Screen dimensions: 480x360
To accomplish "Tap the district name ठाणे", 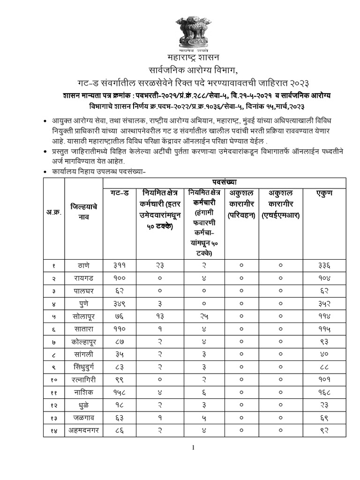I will (x=83, y=265).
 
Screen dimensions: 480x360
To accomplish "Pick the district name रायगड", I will (x=83, y=278).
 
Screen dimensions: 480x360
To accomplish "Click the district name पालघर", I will (x=83, y=291).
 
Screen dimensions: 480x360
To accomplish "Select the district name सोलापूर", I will (x=83, y=316).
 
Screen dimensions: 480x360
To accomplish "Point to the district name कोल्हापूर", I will (x=83, y=342).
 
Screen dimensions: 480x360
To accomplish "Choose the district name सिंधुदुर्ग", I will (x=83, y=367).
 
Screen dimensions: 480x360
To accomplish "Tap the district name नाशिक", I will (x=83, y=393).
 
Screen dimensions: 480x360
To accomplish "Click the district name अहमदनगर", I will (x=83, y=431).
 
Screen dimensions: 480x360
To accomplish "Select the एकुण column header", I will (x=324, y=192).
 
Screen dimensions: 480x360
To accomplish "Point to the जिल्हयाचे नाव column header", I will (x=83, y=211).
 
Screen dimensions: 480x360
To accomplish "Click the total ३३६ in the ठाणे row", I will (x=324, y=265).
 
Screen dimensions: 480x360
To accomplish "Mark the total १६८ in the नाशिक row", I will (x=324, y=393).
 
